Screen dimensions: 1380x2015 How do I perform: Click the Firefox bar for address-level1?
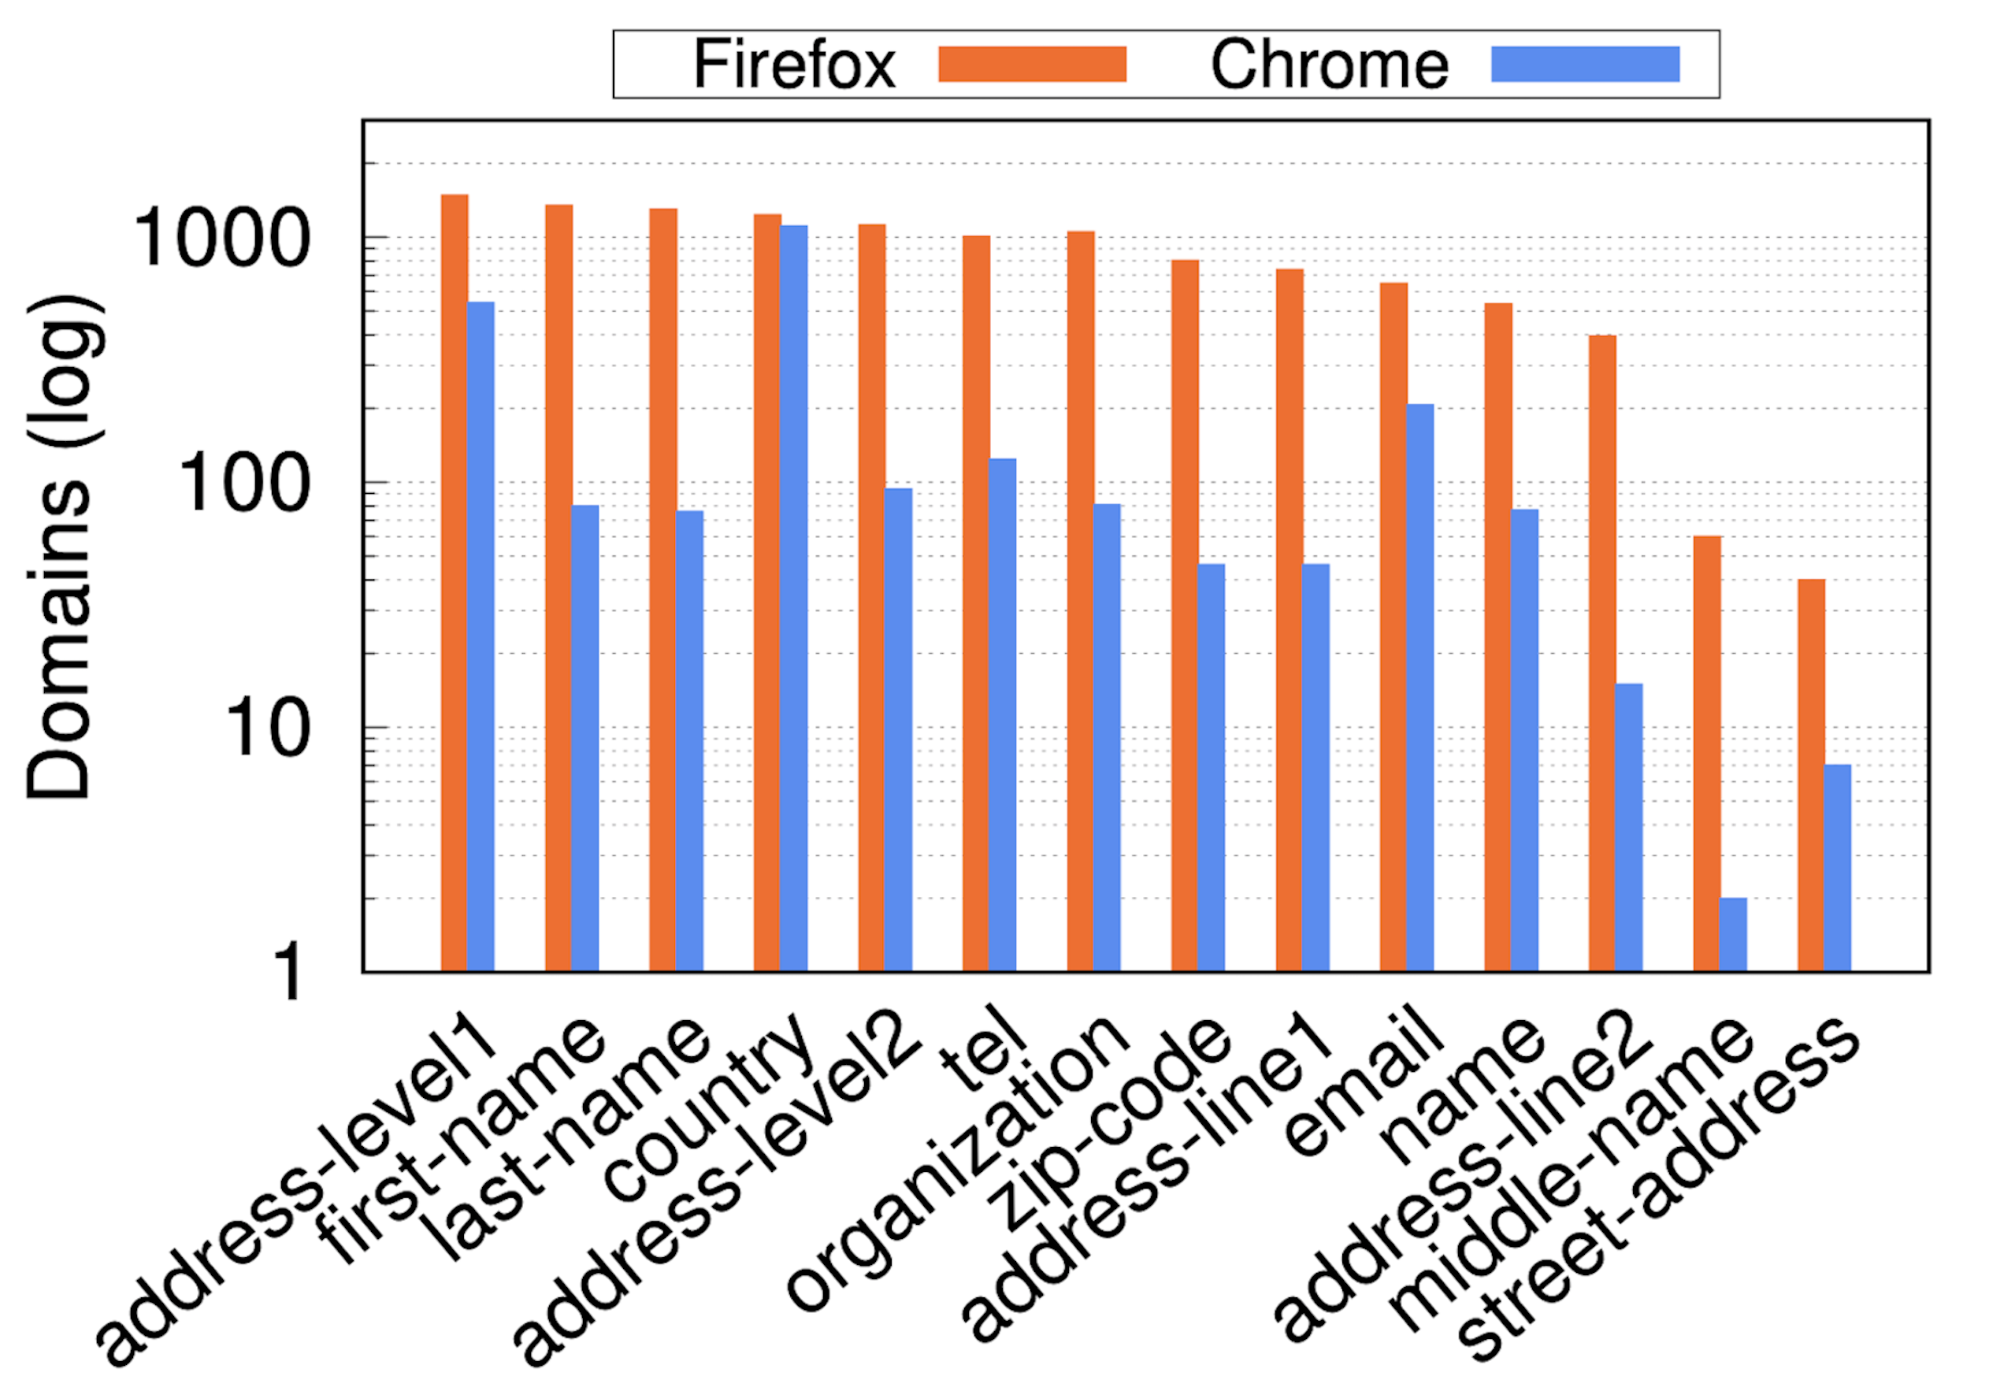pos(455,583)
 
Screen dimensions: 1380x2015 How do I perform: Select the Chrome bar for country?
pos(793,598)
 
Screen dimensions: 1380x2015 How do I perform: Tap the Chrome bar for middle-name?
pos(1733,934)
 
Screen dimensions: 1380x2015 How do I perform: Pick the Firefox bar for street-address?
pos(1811,775)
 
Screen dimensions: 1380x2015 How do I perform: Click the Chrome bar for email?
pos(1420,688)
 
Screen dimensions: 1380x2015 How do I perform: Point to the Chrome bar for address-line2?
pos(1628,828)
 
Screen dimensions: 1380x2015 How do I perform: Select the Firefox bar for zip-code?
pos(1186,615)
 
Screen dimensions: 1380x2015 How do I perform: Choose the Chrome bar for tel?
pos(1002,715)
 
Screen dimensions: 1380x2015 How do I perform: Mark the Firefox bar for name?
pos(1498,637)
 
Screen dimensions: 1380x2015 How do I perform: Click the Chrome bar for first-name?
pos(585,738)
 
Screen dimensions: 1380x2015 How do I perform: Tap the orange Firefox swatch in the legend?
pos(1032,64)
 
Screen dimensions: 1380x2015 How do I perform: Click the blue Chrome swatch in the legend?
pos(1585,64)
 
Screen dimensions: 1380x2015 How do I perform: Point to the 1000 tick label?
pos(221,239)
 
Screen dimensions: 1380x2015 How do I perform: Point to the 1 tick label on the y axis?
pos(287,974)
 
